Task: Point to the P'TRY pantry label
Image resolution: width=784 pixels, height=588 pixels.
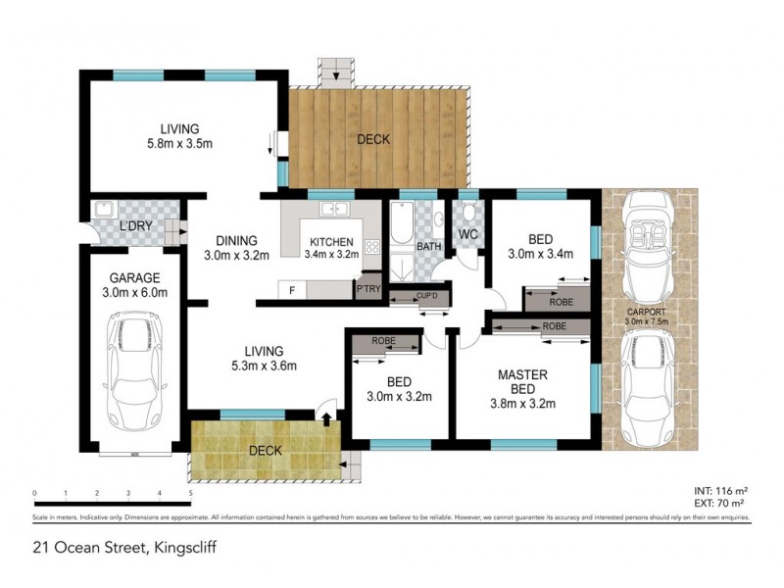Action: point(368,289)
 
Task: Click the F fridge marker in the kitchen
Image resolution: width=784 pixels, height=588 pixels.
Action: point(291,290)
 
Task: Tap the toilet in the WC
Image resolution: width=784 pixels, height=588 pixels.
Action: point(468,214)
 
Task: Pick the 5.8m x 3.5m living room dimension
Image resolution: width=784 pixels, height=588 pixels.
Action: point(180,144)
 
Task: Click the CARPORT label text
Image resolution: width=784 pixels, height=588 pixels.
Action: point(647,315)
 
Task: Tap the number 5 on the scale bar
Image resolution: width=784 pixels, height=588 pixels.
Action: point(189,493)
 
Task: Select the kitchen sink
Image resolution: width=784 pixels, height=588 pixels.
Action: point(333,210)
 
